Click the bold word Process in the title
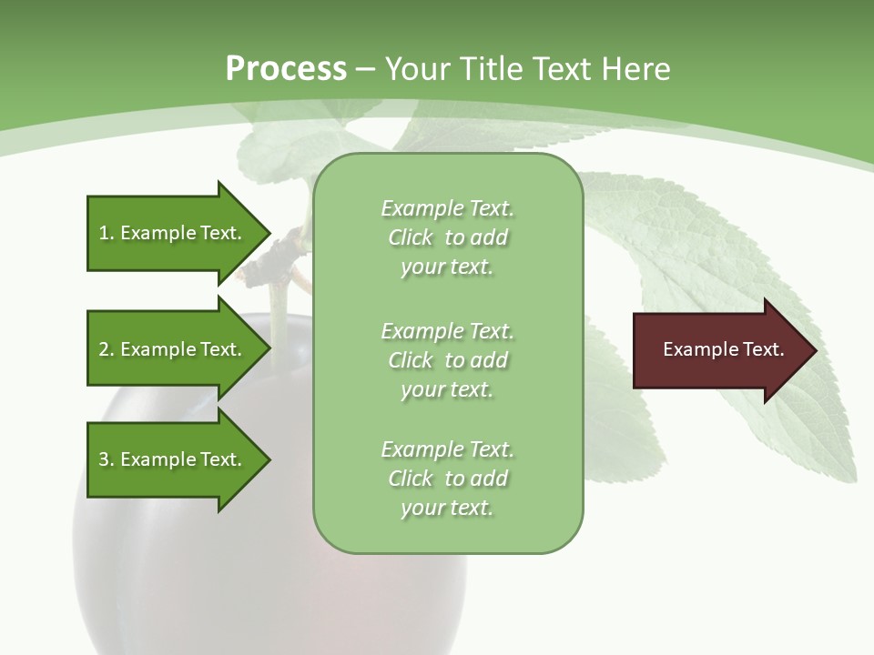point(286,69)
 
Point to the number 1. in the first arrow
point(107,233)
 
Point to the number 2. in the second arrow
point(107,349)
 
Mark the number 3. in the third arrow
point(107,459)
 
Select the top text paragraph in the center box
point(447,237)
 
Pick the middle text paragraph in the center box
point(447,359)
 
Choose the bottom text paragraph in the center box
point(447,479)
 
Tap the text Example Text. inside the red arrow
point(724,349)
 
